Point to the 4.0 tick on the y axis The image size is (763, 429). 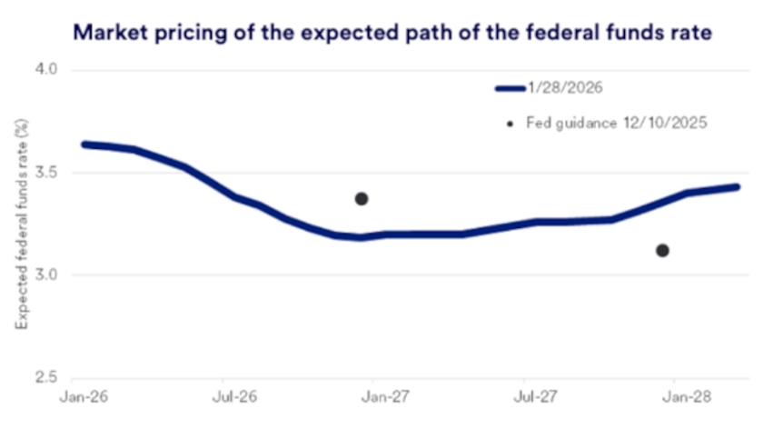click(45, 70)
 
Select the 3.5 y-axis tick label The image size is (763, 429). click(45, 172)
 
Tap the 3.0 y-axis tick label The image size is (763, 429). click(45, 274)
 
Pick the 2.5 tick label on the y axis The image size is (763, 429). click(45, 377)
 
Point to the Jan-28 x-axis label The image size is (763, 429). click(678, 396)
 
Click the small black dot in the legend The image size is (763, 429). click(510, 122)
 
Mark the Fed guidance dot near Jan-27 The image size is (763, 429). click(362, 198)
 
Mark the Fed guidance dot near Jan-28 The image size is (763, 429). click(662, 250)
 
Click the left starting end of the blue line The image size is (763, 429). click(84, 145)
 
